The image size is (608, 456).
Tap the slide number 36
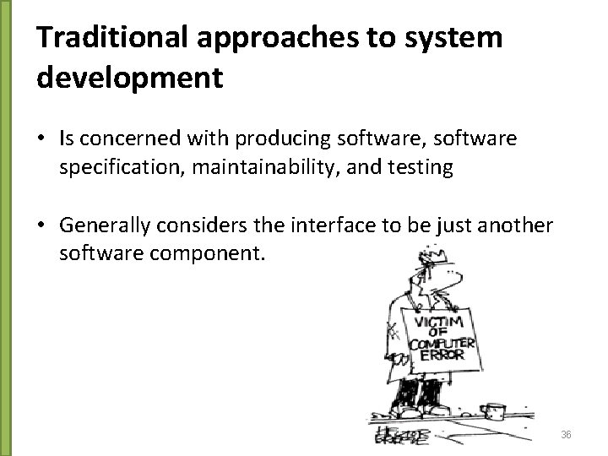coord(566,435)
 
